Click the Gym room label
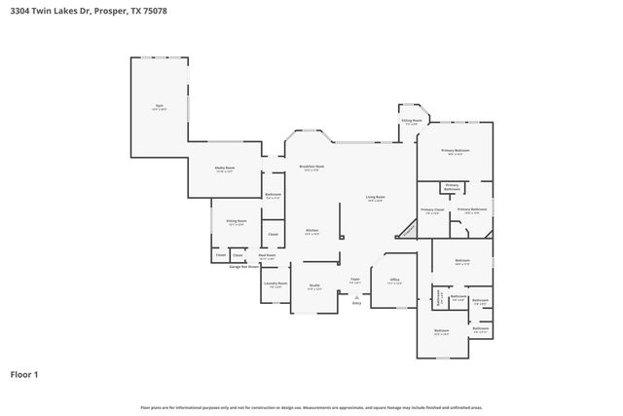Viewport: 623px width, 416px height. (160, 106)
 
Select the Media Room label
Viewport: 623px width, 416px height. (225, 170)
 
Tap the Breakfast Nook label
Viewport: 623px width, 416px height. (311, 168)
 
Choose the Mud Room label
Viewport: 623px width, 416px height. (267, 256)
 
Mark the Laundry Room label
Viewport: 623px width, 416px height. (275, 284)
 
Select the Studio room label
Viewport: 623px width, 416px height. (314, 285)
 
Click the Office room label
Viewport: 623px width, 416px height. (395, 281)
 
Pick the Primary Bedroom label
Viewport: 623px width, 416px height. (455, 151)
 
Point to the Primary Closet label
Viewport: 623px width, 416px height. (432, 210)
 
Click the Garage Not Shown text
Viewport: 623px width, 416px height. (244, 266)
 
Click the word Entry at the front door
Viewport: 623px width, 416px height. (356, 303)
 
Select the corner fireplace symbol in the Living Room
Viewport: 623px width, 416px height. (406, 229)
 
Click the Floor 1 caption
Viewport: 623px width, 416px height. (25, 373)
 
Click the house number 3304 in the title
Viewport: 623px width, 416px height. (21, 11)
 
